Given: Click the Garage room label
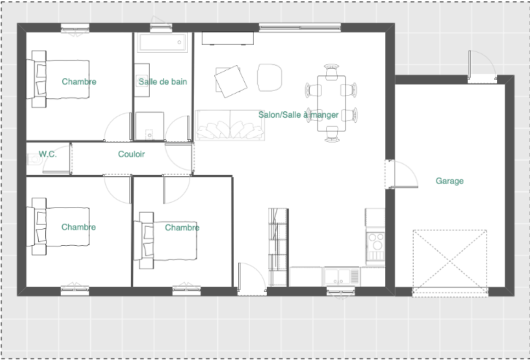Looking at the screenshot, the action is click(x=450, y=181).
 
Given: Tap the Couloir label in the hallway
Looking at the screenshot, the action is click(x=131, y=154).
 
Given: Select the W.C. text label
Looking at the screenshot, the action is click(x=48, y=154).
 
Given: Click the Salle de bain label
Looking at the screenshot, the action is click(x=163, y=82).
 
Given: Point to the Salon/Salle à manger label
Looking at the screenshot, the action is click(x=298, y=115).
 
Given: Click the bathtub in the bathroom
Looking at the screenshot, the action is click(x=163, y=42).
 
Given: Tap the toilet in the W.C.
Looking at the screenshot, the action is click(x=35, y=160).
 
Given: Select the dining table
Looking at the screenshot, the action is click(x=331, y=103).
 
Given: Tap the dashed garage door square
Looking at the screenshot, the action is click(x=450, y=263).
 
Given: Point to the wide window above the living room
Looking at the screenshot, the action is click(x=300, y=28).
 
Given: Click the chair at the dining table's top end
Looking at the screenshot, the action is click(x=332, y=72).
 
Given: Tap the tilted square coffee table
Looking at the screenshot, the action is click(x=231, y=82).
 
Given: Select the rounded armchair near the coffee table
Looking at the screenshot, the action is click(x=269, y=77).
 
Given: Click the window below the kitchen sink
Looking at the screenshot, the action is click(x=341, y=292).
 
